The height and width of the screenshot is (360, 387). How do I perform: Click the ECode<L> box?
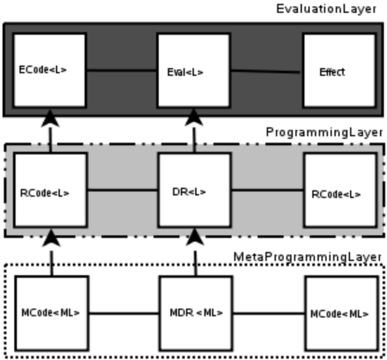tap(50, 71)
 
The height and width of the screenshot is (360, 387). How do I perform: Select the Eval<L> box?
tap(193, 71)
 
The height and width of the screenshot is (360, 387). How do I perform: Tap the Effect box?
tap(339, 71)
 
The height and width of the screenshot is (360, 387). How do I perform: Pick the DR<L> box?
tap(194, 190)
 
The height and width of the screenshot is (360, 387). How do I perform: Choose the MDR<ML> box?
tap(196, 313)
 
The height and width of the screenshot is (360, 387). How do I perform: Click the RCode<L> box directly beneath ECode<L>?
tap(51, 190)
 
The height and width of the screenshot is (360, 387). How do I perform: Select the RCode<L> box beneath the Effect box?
tap(340, 190)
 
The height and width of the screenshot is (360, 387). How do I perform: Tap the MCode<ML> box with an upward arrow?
tap(51, 313)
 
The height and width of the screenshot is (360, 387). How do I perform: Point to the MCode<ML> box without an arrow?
tap(342, 313)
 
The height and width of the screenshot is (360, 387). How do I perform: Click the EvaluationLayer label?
tap(326, 9)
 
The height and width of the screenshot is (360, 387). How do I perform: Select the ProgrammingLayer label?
tap(324, 133)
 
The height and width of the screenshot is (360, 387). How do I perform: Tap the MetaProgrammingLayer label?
tap(308, 257)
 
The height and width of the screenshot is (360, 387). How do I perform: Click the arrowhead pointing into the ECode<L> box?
tap(50, 118)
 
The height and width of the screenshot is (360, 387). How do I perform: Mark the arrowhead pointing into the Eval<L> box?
tap(193, 117)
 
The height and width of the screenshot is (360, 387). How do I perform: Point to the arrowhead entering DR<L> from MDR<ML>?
tap(195, 237)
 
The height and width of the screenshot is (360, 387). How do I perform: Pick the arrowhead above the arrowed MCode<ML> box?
tap(51, 238)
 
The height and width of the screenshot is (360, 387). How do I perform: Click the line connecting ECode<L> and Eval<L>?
tap(122, 71)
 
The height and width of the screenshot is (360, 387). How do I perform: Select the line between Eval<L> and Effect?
tap(266, 71)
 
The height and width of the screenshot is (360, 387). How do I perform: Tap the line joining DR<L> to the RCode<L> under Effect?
tap(267, 190)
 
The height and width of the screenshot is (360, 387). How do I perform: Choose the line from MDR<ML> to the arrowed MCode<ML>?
tap(124, 313)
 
